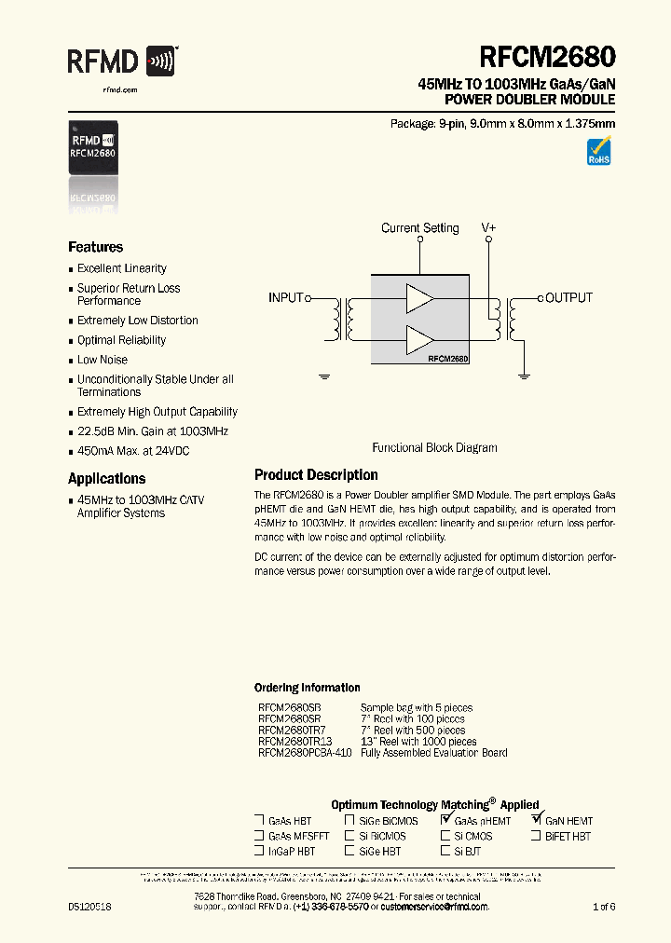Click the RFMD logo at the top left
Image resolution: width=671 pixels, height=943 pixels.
click(x=121, y=61)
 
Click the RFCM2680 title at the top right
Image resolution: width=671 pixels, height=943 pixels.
click(x=547, y=57)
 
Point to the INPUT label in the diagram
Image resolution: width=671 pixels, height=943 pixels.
click(x=286, y=298)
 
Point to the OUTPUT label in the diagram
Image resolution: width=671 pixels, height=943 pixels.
click(x=568, y=298)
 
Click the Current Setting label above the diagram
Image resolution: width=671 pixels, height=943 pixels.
click(x=420, y=228)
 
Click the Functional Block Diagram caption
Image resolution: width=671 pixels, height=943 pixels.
click(x=434, y=448)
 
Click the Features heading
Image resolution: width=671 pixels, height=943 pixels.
click(x=95, y=247)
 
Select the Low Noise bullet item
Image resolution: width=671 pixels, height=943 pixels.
click(x=103, y=360)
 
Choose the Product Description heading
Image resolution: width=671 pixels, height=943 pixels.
click(x=316, y=475)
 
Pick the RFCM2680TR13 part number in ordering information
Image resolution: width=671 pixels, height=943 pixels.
click(x=294, y=742)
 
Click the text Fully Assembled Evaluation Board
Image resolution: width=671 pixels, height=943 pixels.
click(x=433, y=753)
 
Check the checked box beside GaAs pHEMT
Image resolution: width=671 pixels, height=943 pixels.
click(x=446, y=820)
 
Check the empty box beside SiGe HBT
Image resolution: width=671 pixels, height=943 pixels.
click(x=349, y=851)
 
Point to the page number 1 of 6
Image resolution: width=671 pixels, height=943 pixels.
click(x=604, y=907)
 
